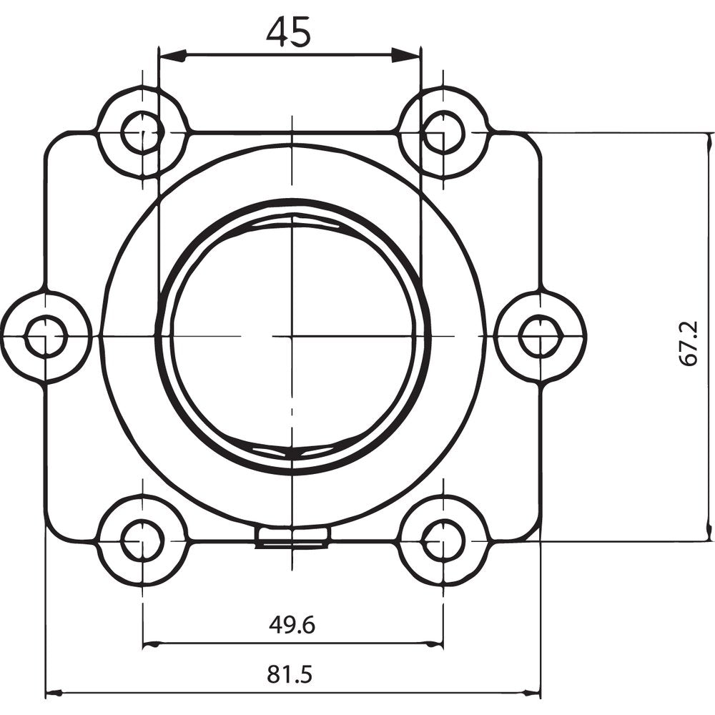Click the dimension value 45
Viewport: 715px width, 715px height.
(x=289, y=32)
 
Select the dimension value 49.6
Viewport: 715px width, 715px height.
(x=292, y=625)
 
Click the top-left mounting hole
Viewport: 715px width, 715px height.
(x=142, y=132)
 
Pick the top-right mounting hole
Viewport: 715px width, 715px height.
(x=443, y=132)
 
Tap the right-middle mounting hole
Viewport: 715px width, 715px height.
(x=540, y=336)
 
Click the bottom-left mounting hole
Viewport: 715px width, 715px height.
(x=142, y=541)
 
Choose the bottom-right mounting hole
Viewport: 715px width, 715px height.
(x=443, y=541)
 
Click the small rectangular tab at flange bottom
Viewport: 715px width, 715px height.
(x=292, y=537)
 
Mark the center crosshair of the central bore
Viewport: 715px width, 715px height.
(x=293, y=335)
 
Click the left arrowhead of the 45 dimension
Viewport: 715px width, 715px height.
(x=172, y=55)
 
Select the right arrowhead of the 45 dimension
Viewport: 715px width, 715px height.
(x=408, y=55)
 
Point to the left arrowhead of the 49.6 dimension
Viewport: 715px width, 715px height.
(x=151, y=644)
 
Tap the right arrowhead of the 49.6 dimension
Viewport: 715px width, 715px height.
(x=435, y=644)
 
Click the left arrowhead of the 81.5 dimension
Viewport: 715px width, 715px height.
(x=54, y=693)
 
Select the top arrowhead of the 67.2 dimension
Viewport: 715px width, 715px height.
(x=710, y=142)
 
